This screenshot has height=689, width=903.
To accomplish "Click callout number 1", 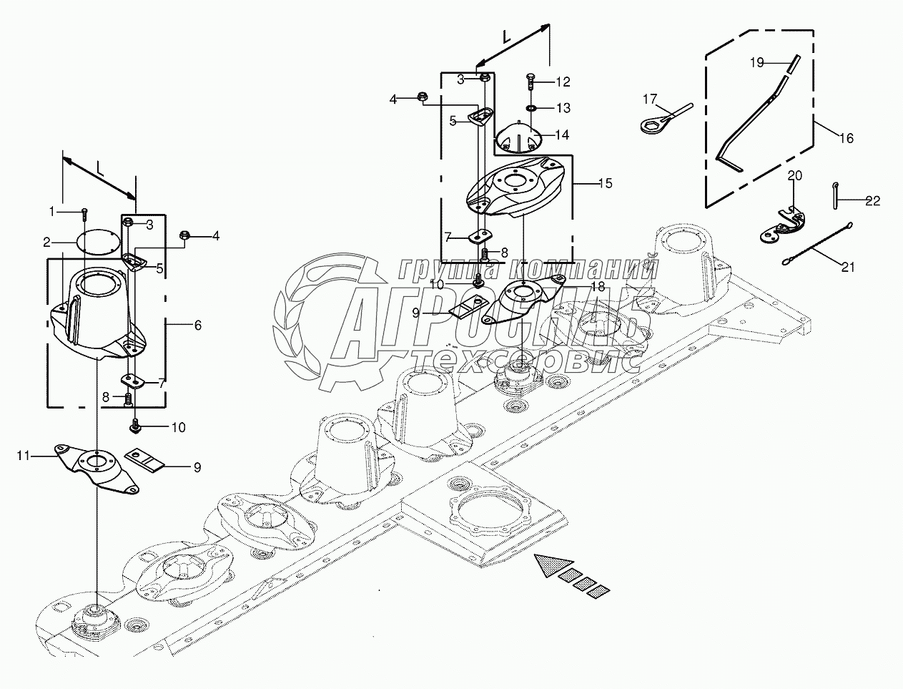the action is coord(52,211).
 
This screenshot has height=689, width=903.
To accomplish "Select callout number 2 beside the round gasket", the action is coord(46,241).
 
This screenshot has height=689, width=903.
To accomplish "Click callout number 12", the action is coord(563,81).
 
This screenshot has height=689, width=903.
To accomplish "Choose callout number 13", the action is coord(563,108).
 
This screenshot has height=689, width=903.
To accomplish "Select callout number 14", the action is coord(561,135).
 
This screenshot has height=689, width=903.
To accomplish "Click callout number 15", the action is coord(604,183).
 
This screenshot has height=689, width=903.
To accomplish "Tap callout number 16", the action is coord(846,139).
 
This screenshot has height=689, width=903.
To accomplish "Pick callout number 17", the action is coord(649,98).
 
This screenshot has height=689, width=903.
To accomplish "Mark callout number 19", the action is coord(757,63).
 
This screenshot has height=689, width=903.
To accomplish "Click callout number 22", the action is coord(873,201).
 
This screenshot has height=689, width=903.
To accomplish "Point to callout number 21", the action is coord(848,268).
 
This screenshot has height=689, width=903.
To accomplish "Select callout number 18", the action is coord(598,285).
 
